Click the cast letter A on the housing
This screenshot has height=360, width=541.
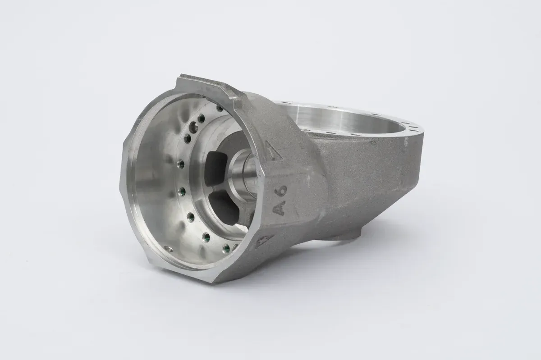(280, 208)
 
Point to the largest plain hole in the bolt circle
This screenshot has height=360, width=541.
(194, 127)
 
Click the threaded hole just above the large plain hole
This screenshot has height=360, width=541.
(201, 118)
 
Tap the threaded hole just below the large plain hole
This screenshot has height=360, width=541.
(188, 138)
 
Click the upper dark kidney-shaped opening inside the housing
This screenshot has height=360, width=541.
(215, 169)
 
